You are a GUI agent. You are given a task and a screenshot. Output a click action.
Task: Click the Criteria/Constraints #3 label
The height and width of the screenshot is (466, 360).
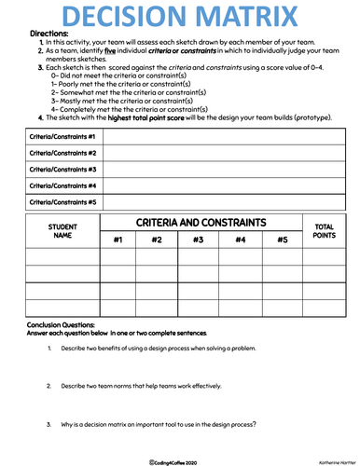(x=62, y=169)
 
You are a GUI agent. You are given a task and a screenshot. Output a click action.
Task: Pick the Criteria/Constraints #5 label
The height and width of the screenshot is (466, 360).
(x=62, y=201)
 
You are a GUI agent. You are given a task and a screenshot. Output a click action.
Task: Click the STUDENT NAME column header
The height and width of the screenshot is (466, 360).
(x=62, y=230)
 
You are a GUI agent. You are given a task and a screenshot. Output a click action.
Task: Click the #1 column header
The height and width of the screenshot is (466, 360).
(x=118, y=240)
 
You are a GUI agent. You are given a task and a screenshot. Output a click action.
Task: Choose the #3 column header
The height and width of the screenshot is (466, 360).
(x=198, y=240)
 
